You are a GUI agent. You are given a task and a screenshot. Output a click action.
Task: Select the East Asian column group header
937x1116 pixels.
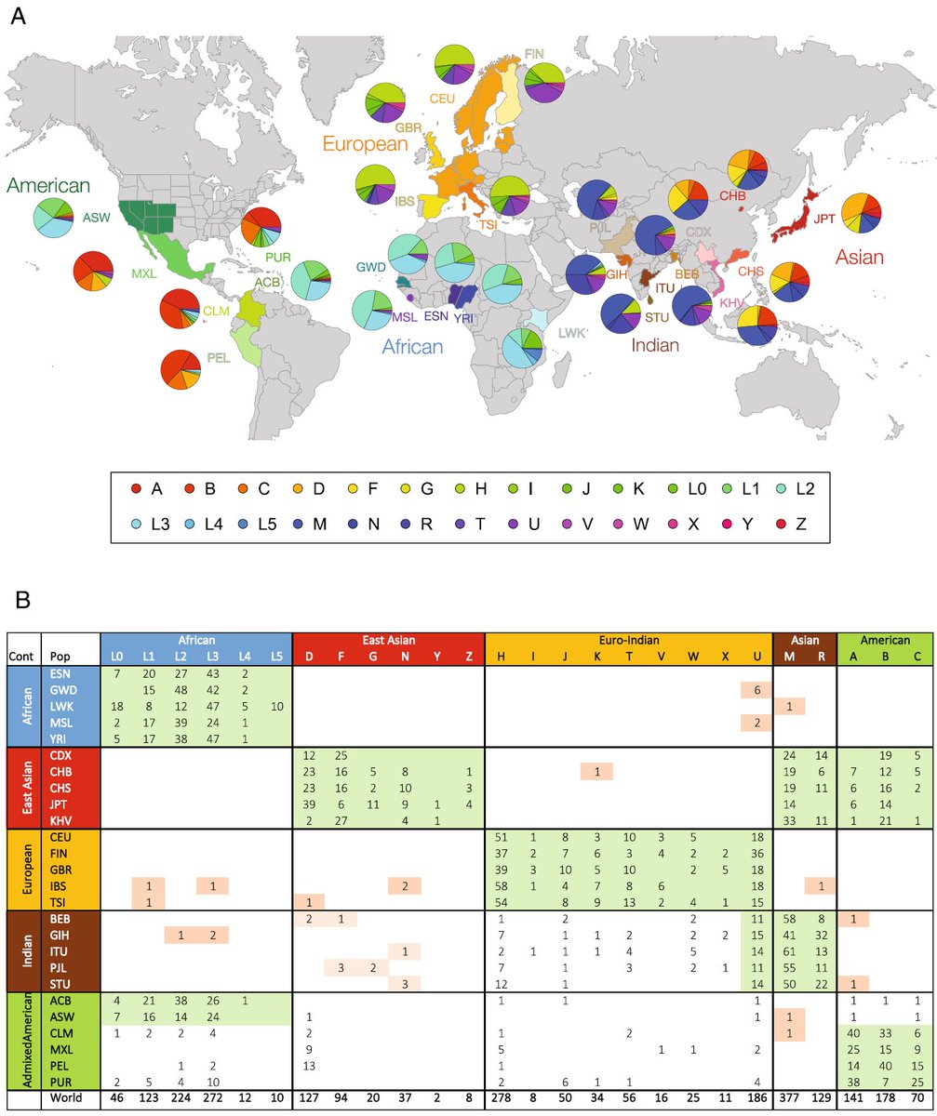(x=388, y=640)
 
